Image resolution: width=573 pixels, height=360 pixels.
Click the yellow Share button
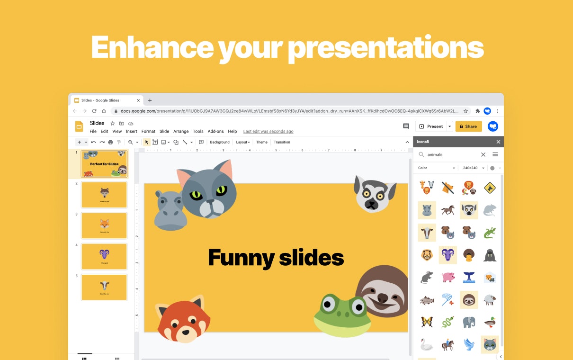468,126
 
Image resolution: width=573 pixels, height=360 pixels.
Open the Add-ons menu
215,131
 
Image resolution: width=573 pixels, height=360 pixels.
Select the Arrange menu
181,131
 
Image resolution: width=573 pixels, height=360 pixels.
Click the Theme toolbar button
262,142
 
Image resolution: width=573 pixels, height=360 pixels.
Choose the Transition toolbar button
282,142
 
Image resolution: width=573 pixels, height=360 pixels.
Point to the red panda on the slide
183,320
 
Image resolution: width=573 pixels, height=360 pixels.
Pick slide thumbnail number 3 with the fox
104,225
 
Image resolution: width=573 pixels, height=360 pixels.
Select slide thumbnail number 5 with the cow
104,287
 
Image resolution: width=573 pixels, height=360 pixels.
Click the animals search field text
435,154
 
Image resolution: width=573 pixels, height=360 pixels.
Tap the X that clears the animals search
483,154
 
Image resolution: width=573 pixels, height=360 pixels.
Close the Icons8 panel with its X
498,142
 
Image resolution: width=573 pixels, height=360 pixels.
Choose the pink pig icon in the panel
448,277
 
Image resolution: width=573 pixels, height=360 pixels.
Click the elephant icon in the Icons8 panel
469,322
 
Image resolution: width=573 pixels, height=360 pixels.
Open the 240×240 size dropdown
474,168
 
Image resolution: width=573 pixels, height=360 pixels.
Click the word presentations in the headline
385,47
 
